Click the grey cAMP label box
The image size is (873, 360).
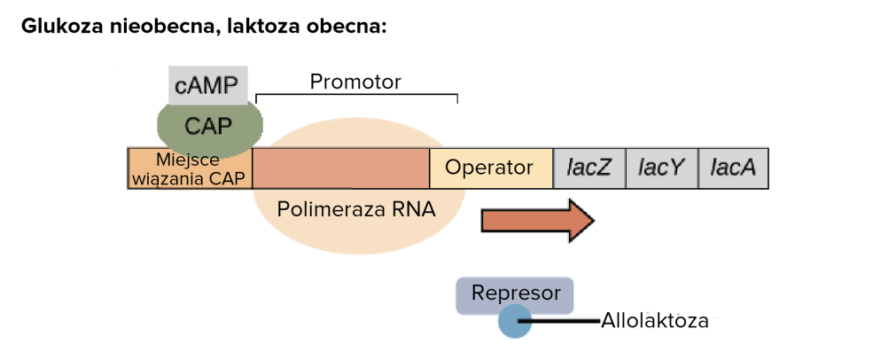(x=208, y=86)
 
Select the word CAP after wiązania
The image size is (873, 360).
(x=229, y=177)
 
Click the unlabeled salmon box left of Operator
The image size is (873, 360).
(x=340, y=168)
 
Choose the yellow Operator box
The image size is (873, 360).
(x=490, y=168)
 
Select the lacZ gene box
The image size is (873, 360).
(x=588, y=168)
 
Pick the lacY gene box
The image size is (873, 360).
(x=661, y=168)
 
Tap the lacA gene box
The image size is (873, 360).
(x=733, y=168)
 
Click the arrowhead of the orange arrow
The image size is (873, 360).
(x=581, y=221)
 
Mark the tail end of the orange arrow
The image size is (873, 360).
(x=487, y=221)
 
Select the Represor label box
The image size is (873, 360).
(x=515, y=294)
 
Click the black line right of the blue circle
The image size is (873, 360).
(x=567, y=319)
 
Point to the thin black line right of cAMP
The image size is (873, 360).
(x=355, y=92)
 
